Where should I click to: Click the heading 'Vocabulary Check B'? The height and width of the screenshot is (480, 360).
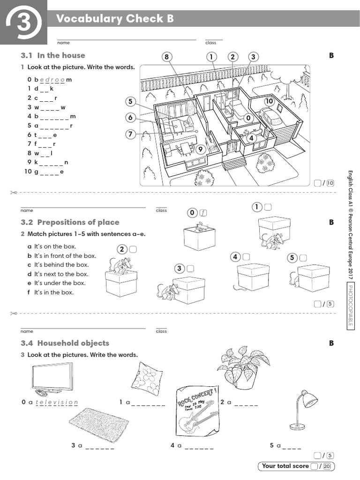(115, 19)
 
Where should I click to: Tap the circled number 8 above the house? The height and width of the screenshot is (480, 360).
(166, 57)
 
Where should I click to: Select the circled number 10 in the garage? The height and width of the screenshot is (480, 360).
(269, 101)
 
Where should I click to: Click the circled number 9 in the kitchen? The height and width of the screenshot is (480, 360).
(201, 150)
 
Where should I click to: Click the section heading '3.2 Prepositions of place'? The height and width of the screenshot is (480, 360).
(78, 222)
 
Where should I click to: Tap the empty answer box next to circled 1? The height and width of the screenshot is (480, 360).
(268, 207)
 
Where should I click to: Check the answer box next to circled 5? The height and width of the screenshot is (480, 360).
(303, 257)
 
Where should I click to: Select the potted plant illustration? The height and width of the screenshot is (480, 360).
(239, 368)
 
